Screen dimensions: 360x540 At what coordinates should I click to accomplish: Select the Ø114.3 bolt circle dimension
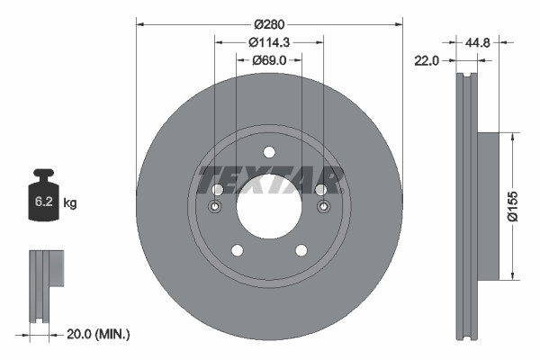click(268, 41)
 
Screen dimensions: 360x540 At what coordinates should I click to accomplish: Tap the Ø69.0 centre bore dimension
click(269, 59)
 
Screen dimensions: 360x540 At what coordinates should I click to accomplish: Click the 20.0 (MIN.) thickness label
click(99, 334)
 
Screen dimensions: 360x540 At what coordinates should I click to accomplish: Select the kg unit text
click(70, 203)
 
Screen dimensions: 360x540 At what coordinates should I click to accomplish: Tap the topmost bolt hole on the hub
click(268, 154)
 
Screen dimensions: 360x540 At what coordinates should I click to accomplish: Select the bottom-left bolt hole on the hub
click(237, 250)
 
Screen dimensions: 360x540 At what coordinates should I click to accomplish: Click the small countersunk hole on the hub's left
click(216, 208)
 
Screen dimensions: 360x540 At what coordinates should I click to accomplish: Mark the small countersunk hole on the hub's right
click(321, 208)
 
